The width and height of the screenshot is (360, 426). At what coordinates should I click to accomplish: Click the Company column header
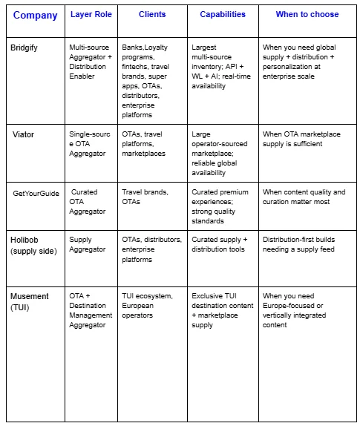pos(35,15)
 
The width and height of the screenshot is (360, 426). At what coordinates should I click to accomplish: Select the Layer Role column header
pos(91,14)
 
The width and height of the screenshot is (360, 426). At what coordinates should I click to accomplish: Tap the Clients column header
pos(151,14)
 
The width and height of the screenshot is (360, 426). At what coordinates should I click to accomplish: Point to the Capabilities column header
pos(223,14)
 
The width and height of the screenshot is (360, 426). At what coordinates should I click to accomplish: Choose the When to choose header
pos(307,14)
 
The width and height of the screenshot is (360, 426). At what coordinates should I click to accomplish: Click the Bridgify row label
pos(27,47)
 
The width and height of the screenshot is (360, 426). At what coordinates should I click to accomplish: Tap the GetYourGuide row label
pos(36,193)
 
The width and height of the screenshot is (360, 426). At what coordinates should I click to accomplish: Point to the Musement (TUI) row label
pos(30,301)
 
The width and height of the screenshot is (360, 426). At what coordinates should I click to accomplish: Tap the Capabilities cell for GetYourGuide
pos(221,206)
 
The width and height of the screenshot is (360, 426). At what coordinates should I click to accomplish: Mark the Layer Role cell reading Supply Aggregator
pos(86,244)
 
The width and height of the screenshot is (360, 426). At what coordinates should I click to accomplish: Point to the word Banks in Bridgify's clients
pos(133,47)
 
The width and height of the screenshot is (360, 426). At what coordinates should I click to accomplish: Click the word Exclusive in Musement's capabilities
pos(209,296)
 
